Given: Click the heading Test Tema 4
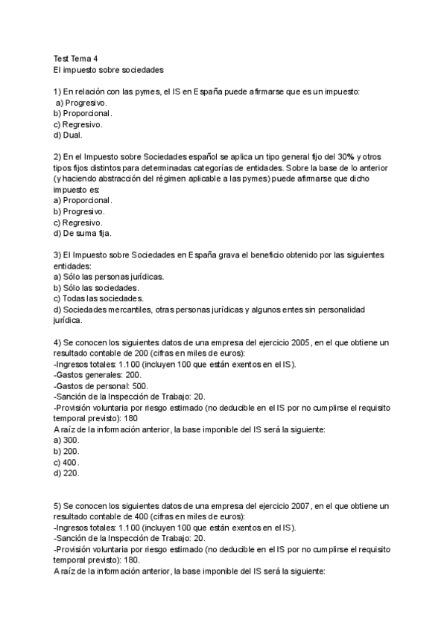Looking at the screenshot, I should [75, 58].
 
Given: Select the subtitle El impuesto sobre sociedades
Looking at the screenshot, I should [108, 69].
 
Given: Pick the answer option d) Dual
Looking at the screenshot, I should [69, 135].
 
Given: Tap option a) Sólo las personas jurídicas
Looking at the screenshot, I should [109, 277].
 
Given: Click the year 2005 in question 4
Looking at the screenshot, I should [297, 342].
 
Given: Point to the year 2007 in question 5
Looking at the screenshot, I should [297, 506].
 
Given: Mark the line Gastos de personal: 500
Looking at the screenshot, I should [101, 386].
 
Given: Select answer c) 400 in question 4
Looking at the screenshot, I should [67, 462].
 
